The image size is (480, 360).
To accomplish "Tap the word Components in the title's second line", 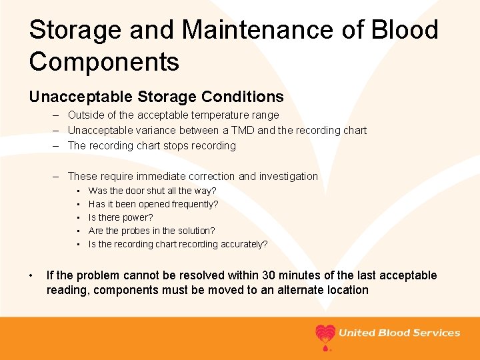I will (x=104, y=61).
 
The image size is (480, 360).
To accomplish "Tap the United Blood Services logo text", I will (x=399, y=333).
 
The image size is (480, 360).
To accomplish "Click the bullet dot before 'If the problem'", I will (x=31, y=275).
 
